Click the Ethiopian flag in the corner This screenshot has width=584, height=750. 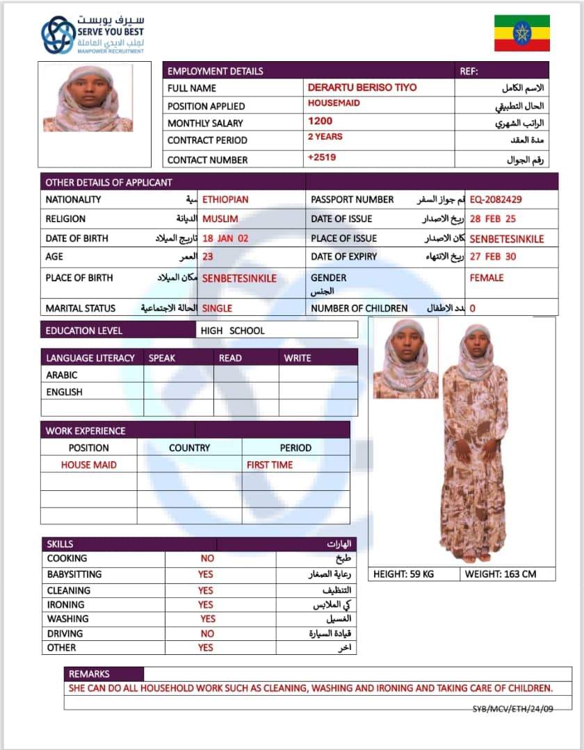tap(521, 33)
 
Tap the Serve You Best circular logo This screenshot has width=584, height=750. tap(58, 35)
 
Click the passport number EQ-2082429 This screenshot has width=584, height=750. tap(496, 199)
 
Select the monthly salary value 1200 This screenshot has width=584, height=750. tap(320, 121)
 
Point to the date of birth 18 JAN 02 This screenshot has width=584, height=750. tap(225, 238)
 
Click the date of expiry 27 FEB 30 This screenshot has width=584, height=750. tap(493, 256)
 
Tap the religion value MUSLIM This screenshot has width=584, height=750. tap(220, 219)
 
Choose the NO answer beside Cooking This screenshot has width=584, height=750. tap(207, 558)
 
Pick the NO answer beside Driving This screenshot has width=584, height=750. tap(207, 633)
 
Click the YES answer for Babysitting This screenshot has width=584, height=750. tap(206, 574)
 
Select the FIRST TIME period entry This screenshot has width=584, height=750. tap(270, 465)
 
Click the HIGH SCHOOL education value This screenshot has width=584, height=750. tap(232, 331)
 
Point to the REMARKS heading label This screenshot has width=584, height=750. tap(89, 674)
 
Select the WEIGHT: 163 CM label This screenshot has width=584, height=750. tap(500, 574)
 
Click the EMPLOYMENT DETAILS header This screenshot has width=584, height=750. tap(216, 71)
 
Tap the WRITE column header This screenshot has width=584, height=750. tap(298, 358)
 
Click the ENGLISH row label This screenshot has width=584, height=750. tap(64, 392)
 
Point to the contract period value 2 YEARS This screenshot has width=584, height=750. tap(325, 137)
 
